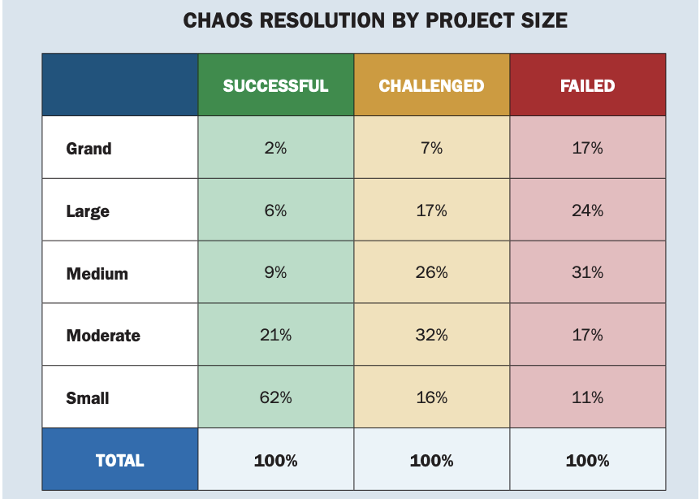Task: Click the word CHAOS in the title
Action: click(217, 20)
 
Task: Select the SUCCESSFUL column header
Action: click(275, 86)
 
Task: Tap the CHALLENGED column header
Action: click(431, 86)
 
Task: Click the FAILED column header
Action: click(587, 86)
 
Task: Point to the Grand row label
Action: click(89, 148)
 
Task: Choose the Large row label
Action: click(88, 211)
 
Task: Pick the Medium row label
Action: click(97, 273)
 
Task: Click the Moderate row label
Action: click(103, 336)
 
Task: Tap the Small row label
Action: click(88, 398)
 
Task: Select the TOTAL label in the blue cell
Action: click(119, 461)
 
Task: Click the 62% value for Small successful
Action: click(275, 397)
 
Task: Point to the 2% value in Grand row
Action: click(275, 148)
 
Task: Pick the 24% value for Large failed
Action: click(587, 210)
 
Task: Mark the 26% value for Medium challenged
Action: click(431, 272)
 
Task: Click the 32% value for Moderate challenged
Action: click(431, 335)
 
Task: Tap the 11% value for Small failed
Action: click(587, 397)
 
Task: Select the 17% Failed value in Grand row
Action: click(587, 148)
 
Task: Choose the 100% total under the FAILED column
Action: click(587, 461)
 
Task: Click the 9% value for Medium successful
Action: click(275, 272)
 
